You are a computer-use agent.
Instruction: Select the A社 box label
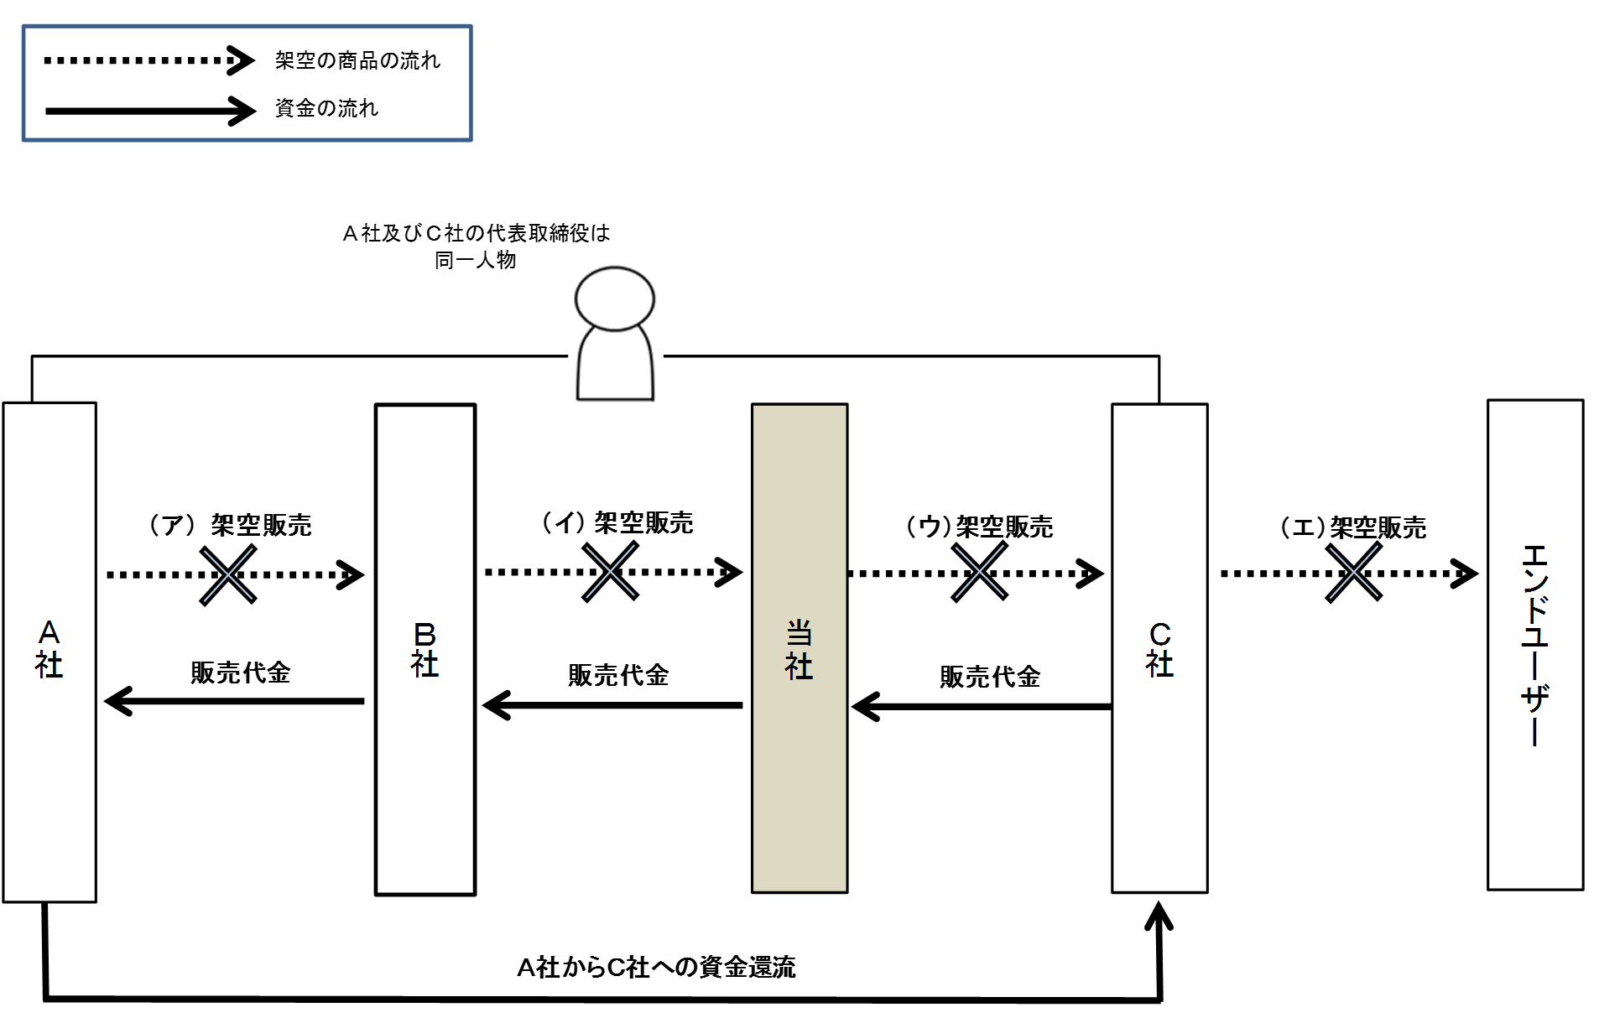point(49,650)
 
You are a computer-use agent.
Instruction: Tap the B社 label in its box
point(424,650)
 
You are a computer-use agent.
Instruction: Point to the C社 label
point(1159,650)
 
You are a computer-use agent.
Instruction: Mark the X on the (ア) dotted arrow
point(228,574)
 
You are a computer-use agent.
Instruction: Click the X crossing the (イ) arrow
point(610,572)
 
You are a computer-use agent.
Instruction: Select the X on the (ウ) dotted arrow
point(979,572)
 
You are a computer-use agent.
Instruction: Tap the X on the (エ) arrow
point(1353,572)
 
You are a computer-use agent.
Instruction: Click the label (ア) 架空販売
point(230,525)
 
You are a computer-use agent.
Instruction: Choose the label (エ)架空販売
point(1352,527)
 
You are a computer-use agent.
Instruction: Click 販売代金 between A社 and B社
point(240,672)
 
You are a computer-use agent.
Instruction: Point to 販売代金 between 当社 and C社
point(990,677)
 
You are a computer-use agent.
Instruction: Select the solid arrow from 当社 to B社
point(612,705)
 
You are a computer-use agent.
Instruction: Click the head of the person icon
point(615,299)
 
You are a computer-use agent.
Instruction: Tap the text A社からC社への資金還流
point(656,968)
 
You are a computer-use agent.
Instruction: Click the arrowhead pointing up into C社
point(1159,917)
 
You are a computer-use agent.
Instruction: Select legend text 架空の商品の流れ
point(357,60)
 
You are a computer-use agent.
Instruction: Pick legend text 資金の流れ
point(326,108)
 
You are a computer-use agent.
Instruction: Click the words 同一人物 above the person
point(475,260)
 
